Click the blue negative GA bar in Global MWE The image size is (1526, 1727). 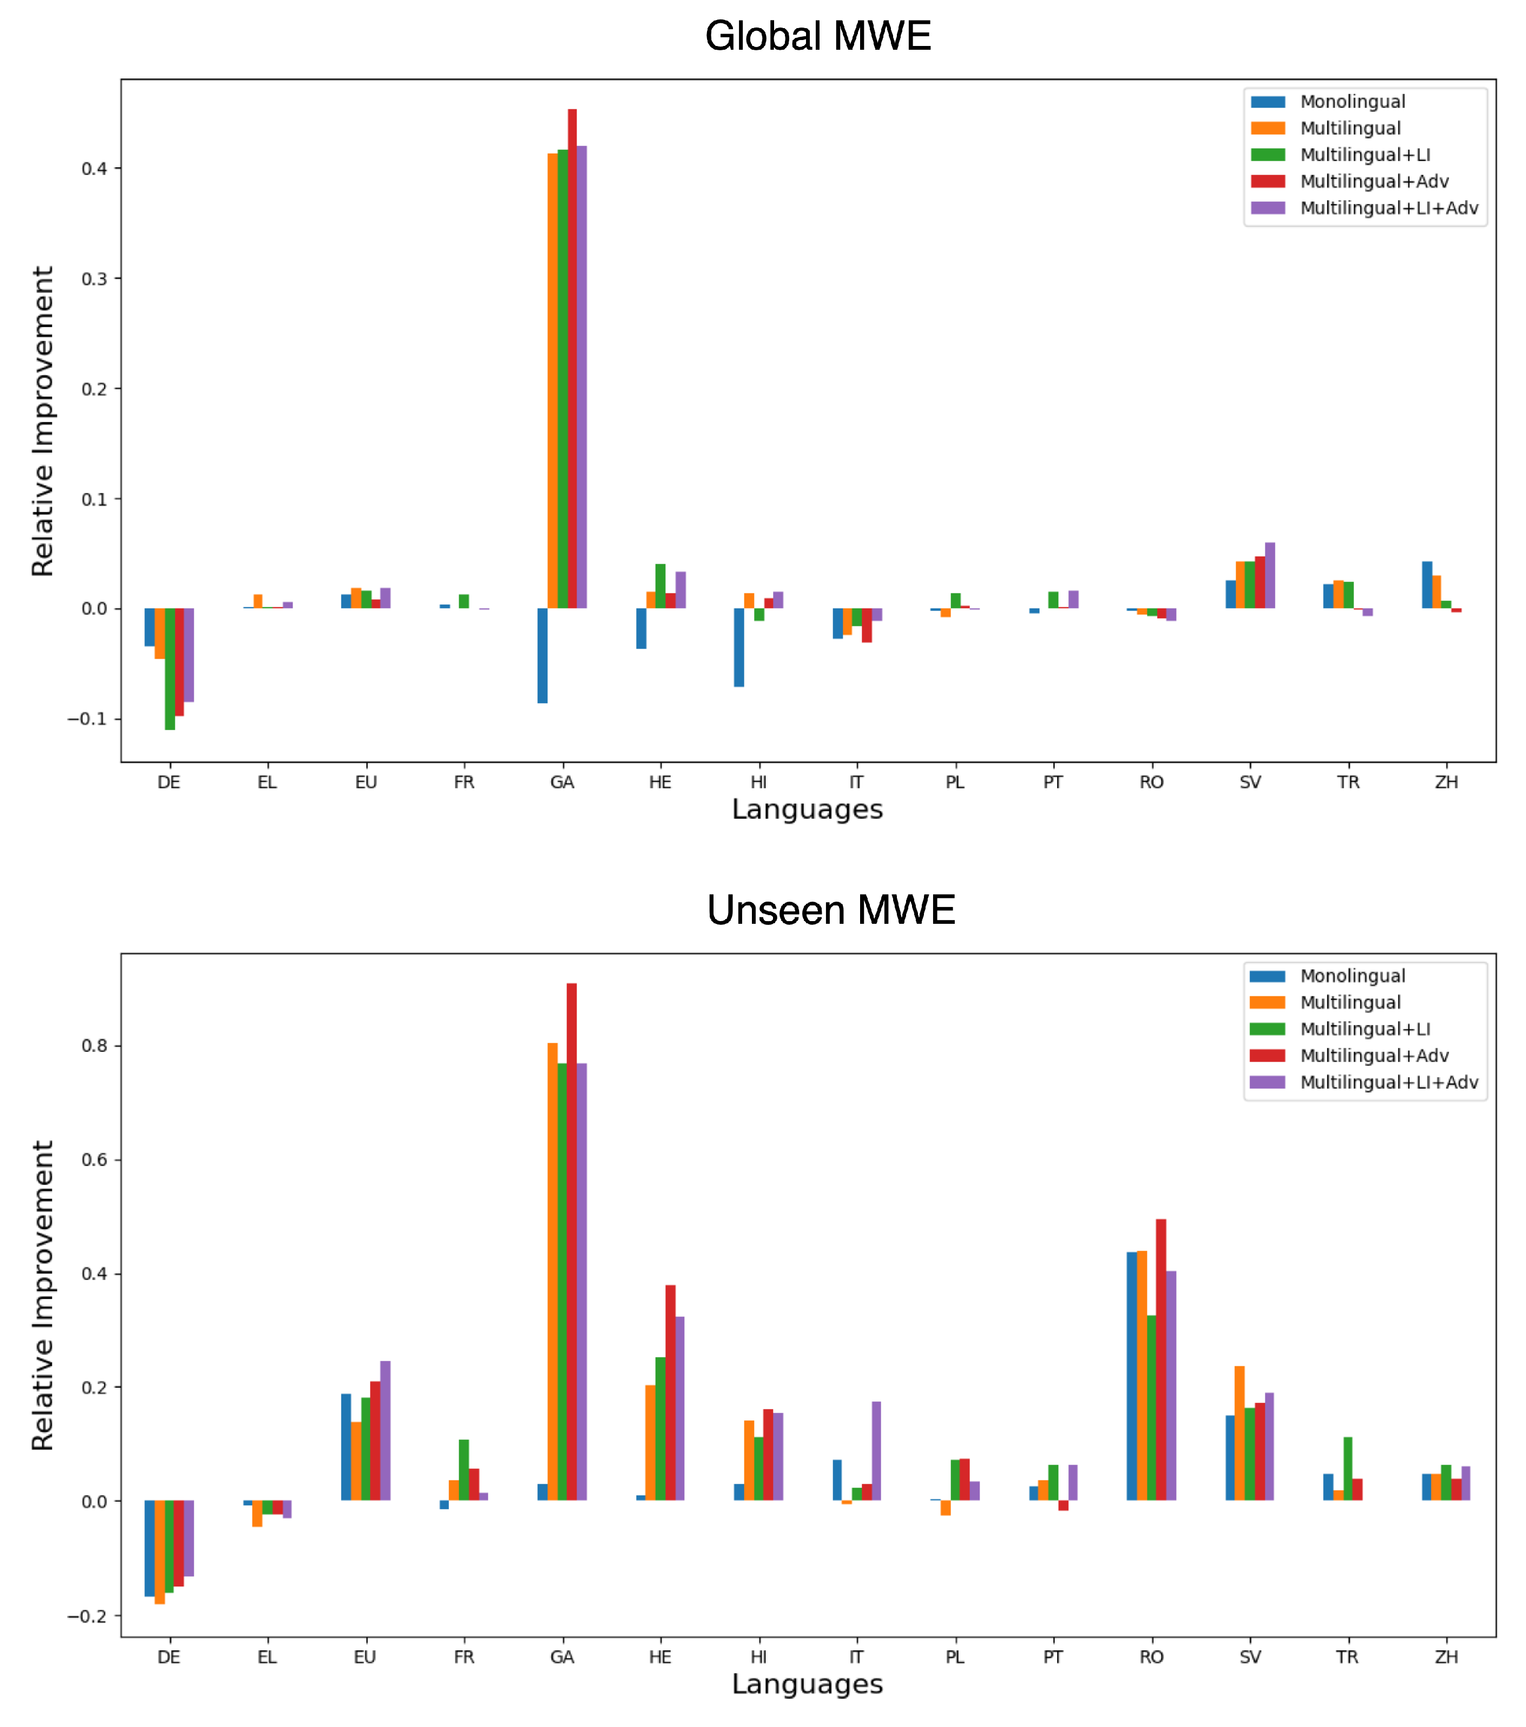pyautogui.click(x=543, y=656)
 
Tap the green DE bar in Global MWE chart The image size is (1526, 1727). pyautogui.click(x=170, y=669)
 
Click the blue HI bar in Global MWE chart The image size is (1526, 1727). pyautogui.click(x=738, y=647)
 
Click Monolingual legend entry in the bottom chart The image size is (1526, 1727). pyautogui.click(x=1352, y=976)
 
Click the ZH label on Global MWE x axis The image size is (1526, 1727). pyautogui.click(x=1446, y=783)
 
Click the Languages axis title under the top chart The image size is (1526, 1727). pyautogui.click(x=807, y=810)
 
